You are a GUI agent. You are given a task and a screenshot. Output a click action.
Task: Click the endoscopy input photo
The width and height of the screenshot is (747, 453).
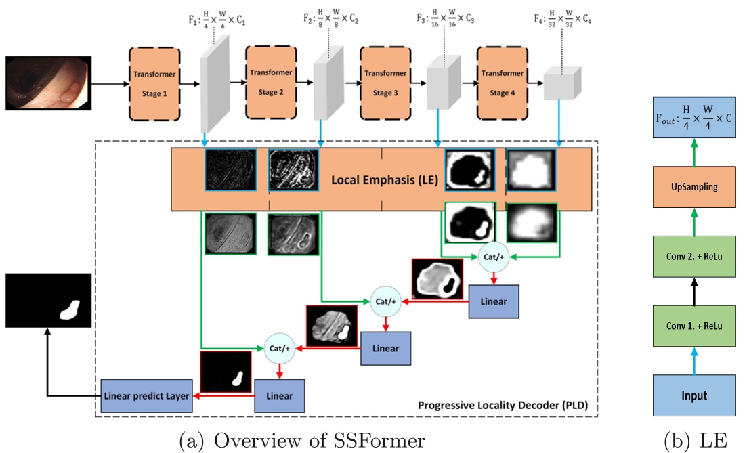tap(48, 83)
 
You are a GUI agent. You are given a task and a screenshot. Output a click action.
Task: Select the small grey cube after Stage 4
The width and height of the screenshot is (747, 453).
tap(563, 85)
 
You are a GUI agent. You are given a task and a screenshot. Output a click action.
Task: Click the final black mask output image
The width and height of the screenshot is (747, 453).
tap(48, 301)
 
